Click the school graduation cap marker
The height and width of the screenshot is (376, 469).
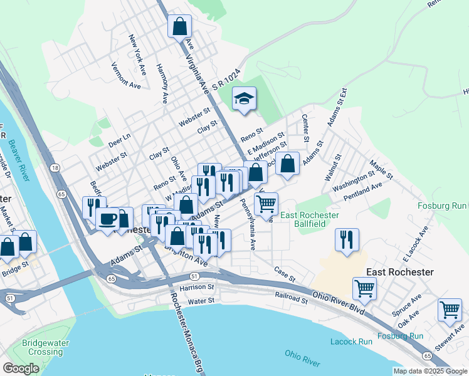tap(245, 98)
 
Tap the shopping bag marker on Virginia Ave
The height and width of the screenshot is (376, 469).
tap(179, 27)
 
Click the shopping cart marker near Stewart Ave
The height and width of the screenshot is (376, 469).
tap(450, 310)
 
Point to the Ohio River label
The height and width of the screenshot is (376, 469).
tap(302, 358)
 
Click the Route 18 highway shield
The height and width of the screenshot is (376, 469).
tap(56, 168)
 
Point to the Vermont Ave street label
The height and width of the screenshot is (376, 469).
tap(126, 75)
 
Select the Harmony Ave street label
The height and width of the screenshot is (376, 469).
tap(162, 83)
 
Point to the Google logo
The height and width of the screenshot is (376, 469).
tap(21, 368)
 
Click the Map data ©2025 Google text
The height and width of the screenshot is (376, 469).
tap(429, 371)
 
